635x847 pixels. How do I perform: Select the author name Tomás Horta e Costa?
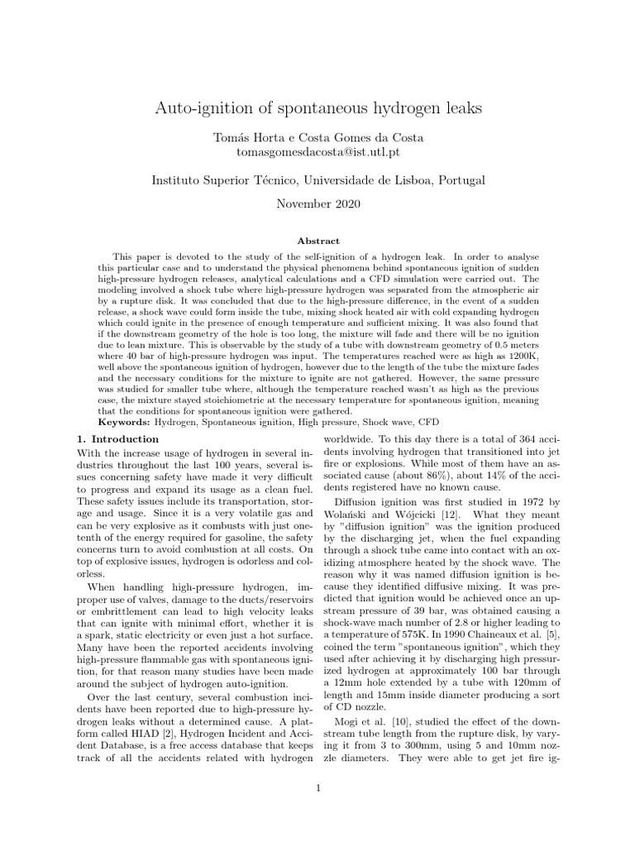click(x=317, y=139)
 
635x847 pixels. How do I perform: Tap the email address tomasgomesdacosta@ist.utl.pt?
click(x=317, y=153)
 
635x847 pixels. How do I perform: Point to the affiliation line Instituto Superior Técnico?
click(x=317, y=179)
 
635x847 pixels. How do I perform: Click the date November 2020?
click(x=317, y=203)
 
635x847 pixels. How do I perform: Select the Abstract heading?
click(x=317, y=241)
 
